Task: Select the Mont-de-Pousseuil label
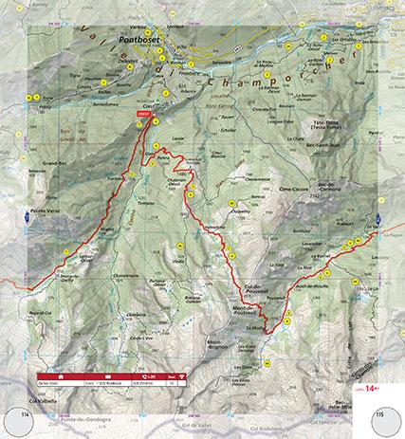pyautogui.click(x=249, y=311)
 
